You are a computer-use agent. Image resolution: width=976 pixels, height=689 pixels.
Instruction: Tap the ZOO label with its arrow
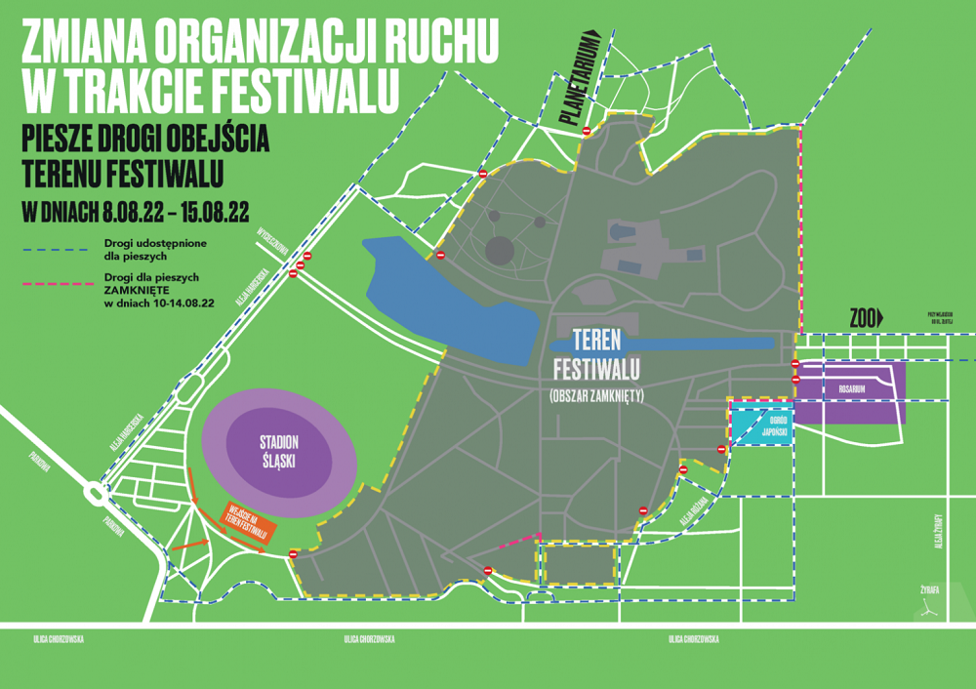click(x=866, y=317)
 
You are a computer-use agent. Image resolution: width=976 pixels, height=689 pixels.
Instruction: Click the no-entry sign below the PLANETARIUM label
click(x=587, y=131)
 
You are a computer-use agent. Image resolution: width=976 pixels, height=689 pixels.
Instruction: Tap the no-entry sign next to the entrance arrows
click(x=293, y=554)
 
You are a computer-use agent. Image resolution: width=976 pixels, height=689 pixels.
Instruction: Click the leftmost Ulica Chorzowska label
click(x=58, y=639)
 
